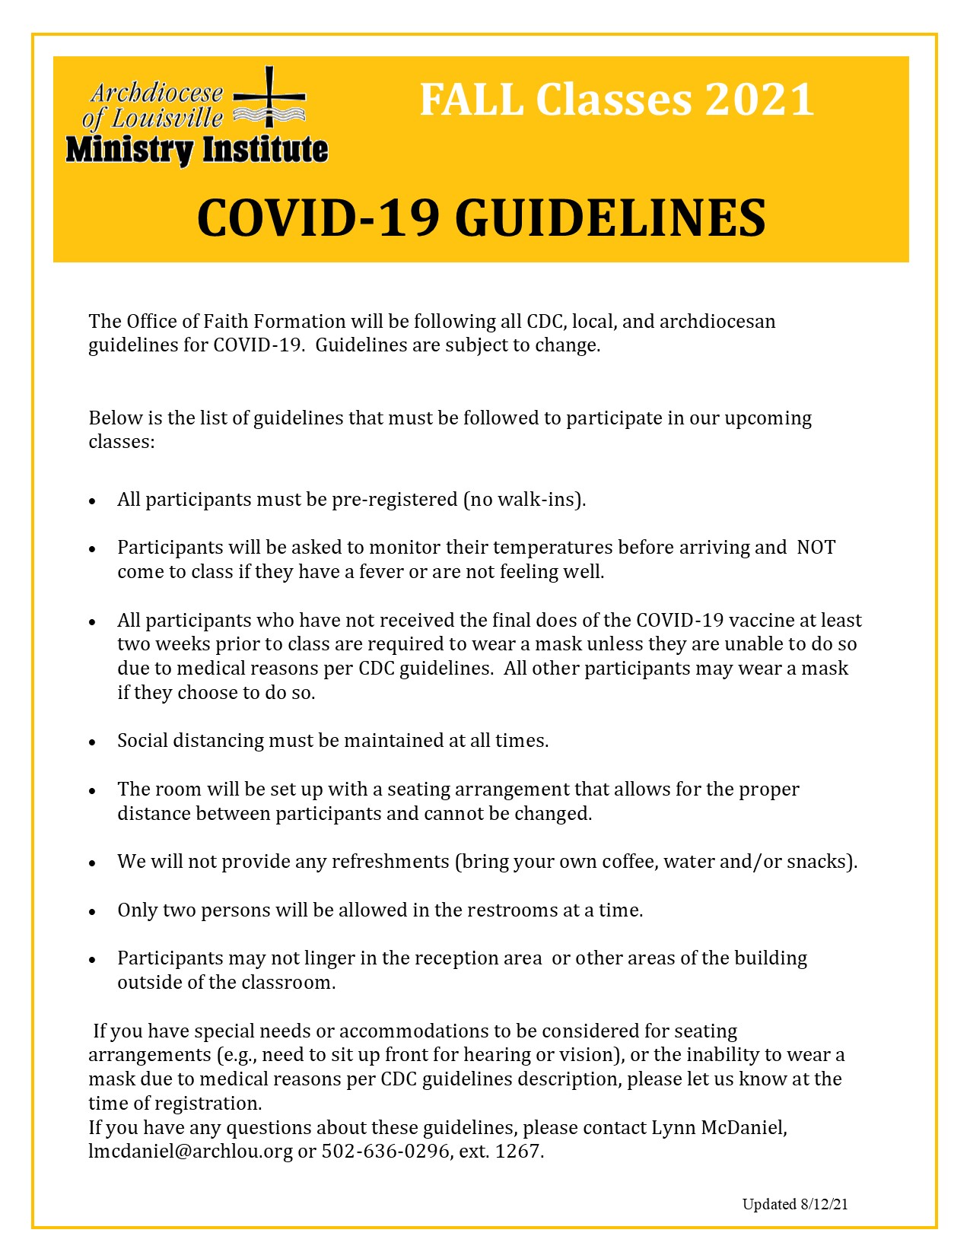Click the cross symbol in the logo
click(269, 97)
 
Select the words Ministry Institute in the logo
click(197, 150)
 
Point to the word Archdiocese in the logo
click(157, 93)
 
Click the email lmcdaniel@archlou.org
click(190, 1152)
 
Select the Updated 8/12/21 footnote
click(795, 1204)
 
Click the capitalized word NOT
click(816, 548)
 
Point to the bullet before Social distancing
click(92, 742)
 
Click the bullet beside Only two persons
click(92, 911)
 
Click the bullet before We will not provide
click(92, 863)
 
